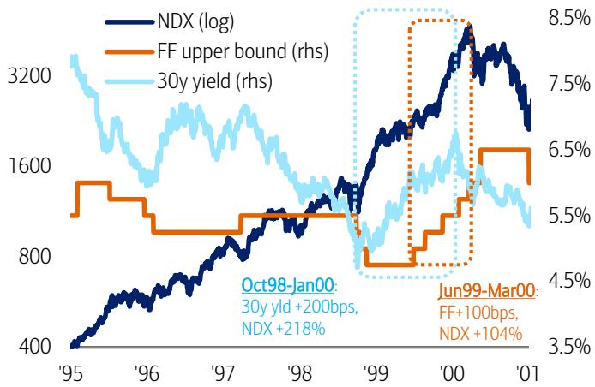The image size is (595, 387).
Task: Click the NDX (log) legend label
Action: (x=195, y=21)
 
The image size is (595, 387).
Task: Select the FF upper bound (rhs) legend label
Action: (x=243, y=51)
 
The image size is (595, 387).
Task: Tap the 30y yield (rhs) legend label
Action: (x=215, y=80)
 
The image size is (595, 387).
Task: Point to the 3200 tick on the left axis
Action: (x=29, y=75)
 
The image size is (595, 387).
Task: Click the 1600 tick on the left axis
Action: (x=29, y=165)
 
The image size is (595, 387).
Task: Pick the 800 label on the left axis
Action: (x=34, y=256)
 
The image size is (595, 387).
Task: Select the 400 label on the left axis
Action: (x=34, y=346)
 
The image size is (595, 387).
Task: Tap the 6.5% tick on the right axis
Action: (x=569, y=149)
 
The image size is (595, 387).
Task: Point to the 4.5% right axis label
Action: (x=569, y=281)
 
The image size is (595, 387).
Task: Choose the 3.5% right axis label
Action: (x=569, y=347)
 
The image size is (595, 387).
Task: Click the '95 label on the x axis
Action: (x=71, y=373)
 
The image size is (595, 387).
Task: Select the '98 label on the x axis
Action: (x=300, y=373)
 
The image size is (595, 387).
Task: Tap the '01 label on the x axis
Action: (x=526, y=373)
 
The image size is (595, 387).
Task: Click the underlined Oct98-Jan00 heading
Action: (x=287, y=285)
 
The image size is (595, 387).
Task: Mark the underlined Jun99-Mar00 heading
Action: (x=487, y=291)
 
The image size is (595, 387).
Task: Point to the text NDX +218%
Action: (x=284, y=328)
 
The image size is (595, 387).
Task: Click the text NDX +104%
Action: (x=481, y=334)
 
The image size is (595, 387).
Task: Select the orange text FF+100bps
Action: (x=478, y=313)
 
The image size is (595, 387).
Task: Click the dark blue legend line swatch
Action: (x=130, y=22)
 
